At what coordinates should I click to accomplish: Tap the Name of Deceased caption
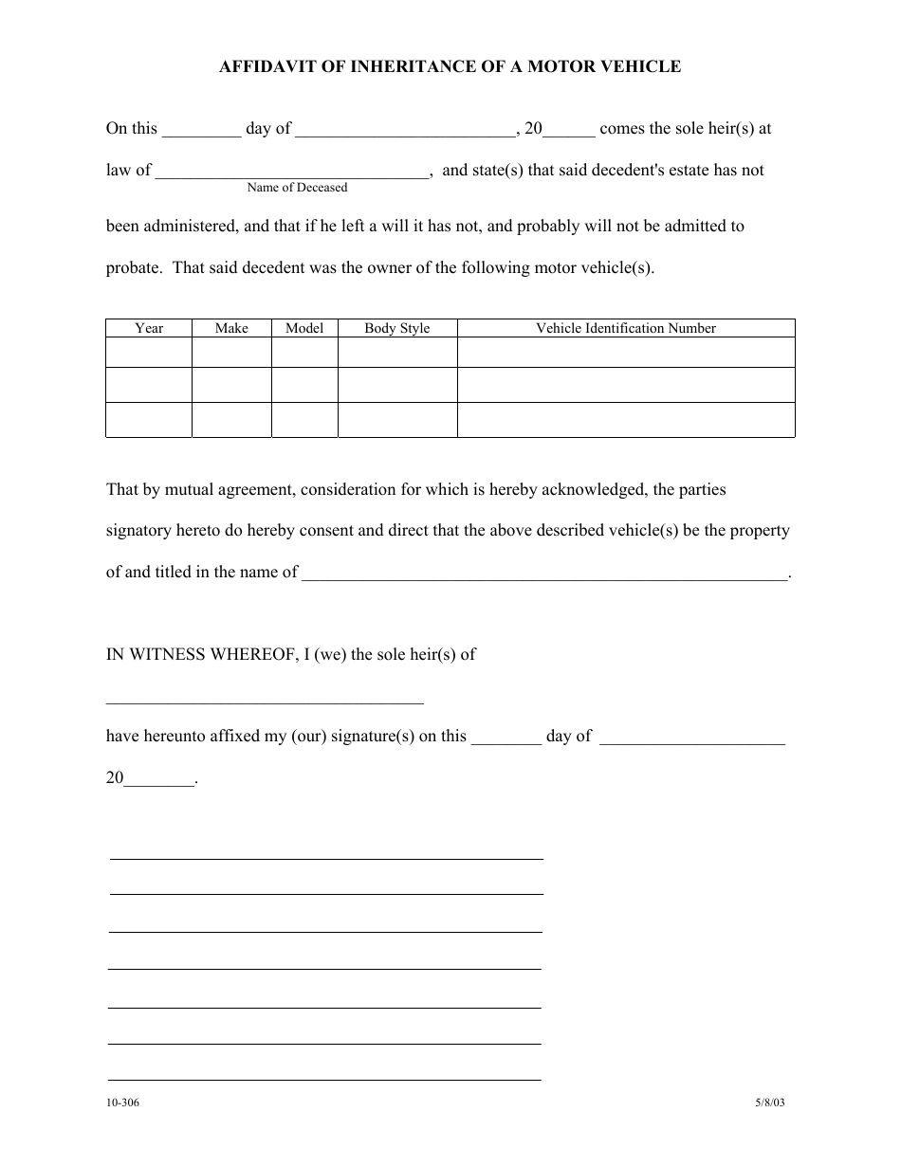(297, 188)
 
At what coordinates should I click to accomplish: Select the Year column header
(149, 328)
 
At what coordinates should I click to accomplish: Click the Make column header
(231, 328)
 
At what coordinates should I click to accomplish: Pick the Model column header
(304, 328)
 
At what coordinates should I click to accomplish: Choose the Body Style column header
(397, 328)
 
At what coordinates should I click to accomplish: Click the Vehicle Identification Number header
(626, 328)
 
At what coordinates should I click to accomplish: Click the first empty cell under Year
(149, 353)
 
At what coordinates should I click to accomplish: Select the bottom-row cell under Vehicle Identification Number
(626, 419)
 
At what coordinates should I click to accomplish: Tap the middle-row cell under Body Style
(397, 385)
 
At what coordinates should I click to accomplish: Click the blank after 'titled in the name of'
(544, 573)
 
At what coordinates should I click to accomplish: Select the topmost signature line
(326, 857)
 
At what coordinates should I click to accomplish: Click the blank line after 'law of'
(292, 173)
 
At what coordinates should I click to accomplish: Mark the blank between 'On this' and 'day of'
(201, 131)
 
